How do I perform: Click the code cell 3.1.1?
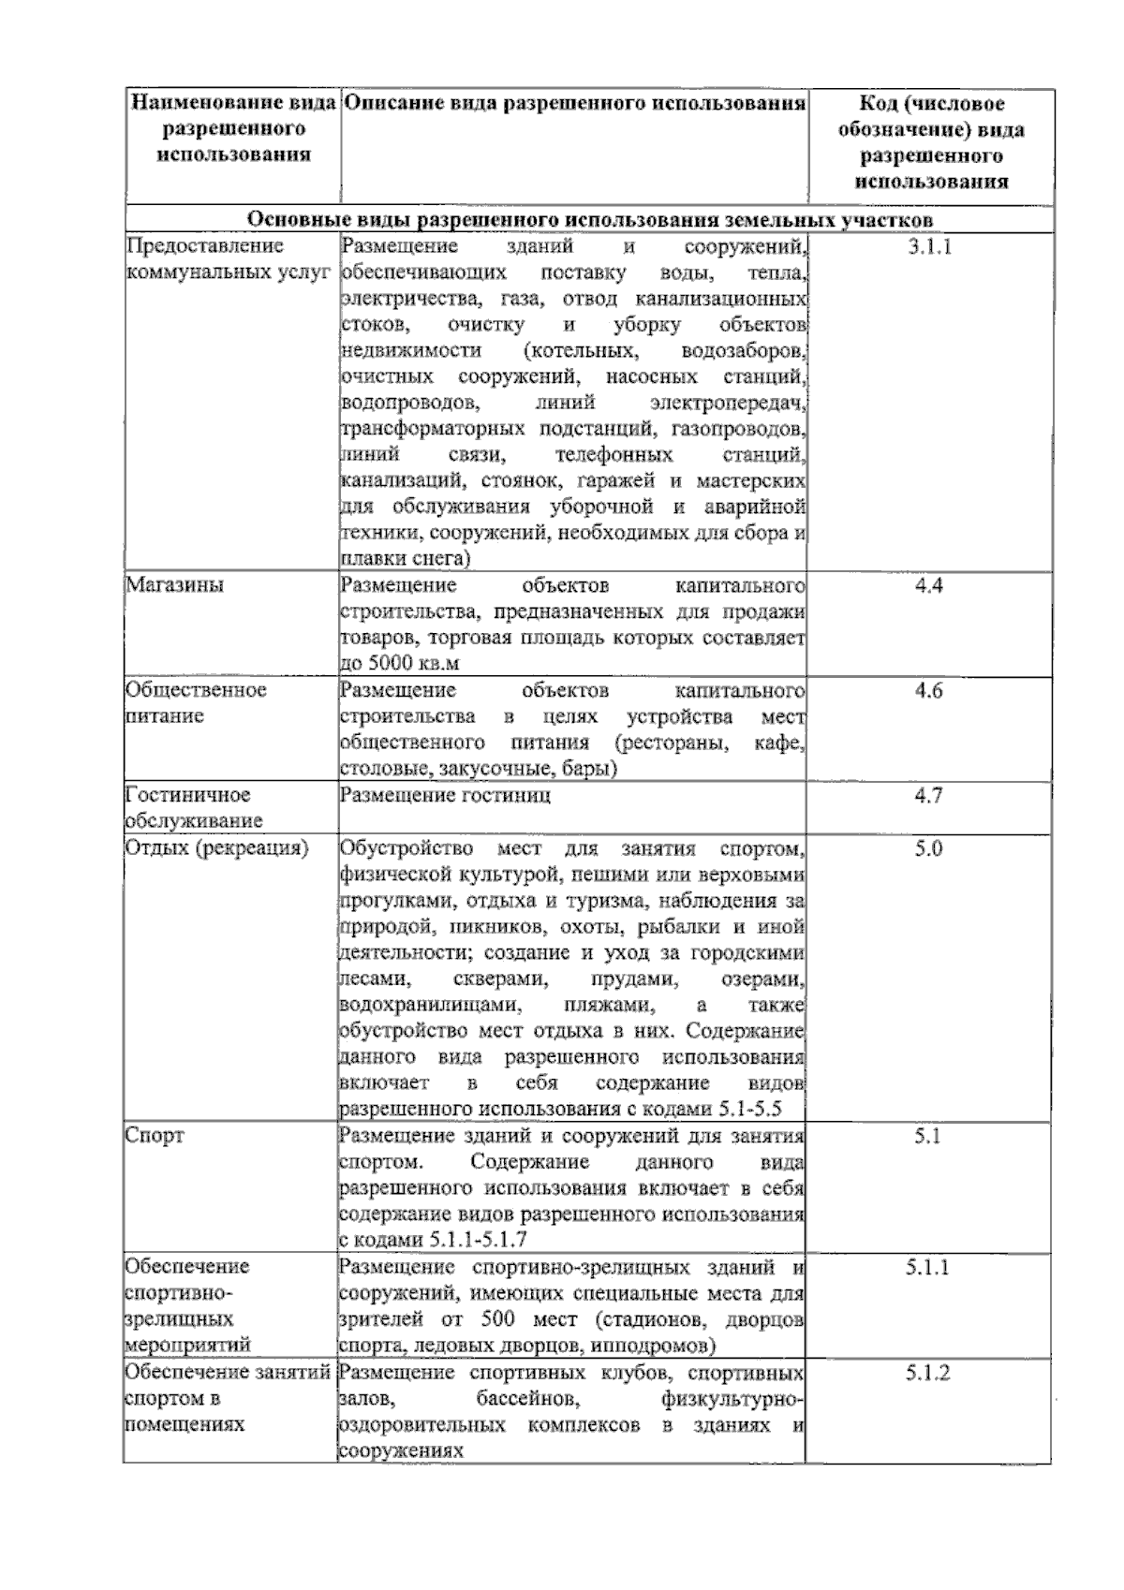[928, 248]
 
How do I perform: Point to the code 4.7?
[928, 796]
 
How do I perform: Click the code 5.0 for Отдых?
[928, 849]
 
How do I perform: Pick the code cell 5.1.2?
[928, 1374]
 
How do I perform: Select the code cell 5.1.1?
[928, 1268]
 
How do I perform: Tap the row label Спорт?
[155, 1136]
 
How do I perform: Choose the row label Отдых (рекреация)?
[217, 849]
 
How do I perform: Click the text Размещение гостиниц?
[445, 796]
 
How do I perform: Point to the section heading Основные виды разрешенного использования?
[589, 220]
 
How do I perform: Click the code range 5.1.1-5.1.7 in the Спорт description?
[478, 1241]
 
